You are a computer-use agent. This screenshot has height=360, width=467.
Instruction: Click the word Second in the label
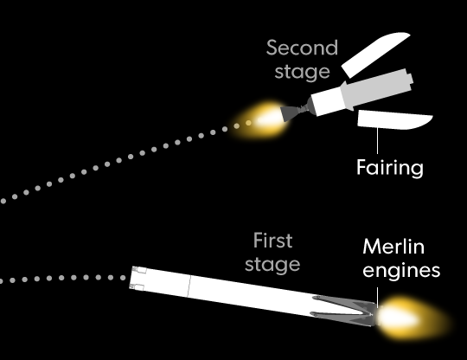coord(302,48)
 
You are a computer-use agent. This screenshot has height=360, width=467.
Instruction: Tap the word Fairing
coord(389,168)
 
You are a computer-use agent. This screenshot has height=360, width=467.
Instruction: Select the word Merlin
coord(393,247)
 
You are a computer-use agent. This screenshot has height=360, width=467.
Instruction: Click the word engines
coord(401,271)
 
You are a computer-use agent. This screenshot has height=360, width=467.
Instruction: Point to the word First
coord(272,241)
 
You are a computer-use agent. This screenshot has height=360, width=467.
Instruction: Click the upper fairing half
coord(375,55)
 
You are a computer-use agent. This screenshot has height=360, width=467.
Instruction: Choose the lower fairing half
coord(394,119)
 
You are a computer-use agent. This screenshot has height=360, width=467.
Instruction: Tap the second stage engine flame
coord(259,120)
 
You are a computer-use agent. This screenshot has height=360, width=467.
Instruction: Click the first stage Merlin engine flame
coord(411,318)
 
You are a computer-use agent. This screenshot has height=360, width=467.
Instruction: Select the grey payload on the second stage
coord(377,88)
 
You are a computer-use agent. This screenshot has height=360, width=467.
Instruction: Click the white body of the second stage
coord(328,100)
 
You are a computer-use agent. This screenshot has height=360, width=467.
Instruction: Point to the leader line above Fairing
coord(377,141)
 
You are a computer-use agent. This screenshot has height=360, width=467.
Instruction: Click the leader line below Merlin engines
coord(377,298)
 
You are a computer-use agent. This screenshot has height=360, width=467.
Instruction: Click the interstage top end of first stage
coord(138,279)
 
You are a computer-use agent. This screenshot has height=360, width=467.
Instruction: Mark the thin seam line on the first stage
coord(189,286)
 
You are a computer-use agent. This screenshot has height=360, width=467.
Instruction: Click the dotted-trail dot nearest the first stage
coord(123,278)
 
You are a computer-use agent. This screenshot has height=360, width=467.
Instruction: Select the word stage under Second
coord(302,72)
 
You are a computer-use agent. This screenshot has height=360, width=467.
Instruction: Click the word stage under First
coord(272,265)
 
